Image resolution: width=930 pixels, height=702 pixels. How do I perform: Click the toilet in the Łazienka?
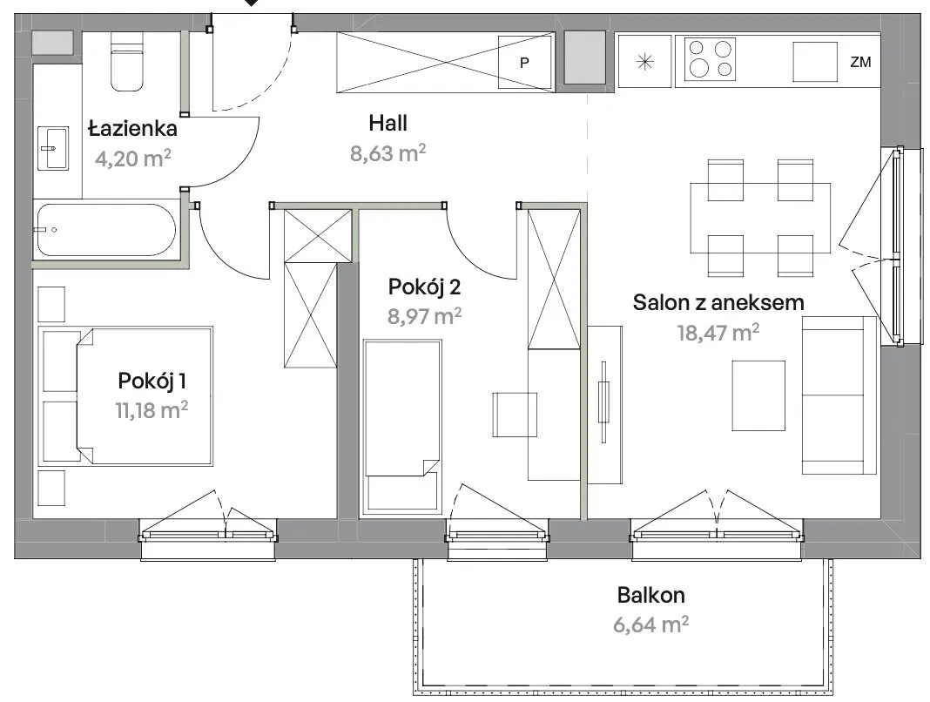tap(127, 62)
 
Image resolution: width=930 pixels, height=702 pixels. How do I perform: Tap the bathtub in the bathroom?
tap(106, 230)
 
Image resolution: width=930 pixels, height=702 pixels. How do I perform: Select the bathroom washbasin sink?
tap(53, 148)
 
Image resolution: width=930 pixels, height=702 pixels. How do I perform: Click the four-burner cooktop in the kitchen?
tap(710, 58)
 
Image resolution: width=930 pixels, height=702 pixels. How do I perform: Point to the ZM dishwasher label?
tap(860, 62)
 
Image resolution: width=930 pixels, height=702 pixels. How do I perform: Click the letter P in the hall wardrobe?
tap(524, 63)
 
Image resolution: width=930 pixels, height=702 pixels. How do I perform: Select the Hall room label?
tap(387, 123)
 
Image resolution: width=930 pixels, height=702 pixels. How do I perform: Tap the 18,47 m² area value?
tap(718, 332)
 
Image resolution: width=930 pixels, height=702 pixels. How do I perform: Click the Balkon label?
tap(650, 595)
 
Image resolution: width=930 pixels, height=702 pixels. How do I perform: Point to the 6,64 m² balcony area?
tap(650, 624)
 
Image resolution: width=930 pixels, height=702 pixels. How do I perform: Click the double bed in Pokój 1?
tap(125, 395)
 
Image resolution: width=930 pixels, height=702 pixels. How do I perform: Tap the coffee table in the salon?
tap(758, 395)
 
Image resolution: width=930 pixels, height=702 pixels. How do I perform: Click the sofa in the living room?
tap(839, 395)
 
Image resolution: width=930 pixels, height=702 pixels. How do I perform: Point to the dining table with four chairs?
tap(760, 218)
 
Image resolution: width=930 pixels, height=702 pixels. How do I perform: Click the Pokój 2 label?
tap(424, 287)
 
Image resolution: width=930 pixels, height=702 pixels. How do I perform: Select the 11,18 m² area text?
tap(152, 409)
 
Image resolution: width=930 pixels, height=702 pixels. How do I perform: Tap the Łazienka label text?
tap(133, 128)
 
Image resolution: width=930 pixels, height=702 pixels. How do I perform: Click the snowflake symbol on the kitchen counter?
tap(644, 62)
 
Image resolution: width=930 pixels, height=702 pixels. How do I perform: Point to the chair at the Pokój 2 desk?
tap(515, 415)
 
